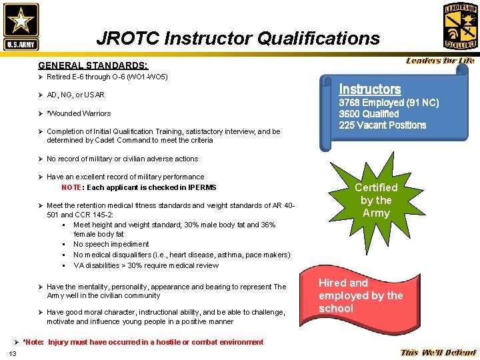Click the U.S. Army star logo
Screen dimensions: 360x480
(21, 26)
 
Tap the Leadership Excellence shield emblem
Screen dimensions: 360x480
(460, 26)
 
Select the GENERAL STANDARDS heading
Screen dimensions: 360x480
(93, 65)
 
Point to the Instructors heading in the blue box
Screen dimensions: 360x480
(370, 89)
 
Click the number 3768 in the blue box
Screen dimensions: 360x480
(351, 103)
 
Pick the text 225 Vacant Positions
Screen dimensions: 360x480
(382, 125)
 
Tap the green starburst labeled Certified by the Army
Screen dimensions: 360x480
(375, 200)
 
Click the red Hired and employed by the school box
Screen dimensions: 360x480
(361, 295)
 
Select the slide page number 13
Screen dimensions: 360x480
(13, 352)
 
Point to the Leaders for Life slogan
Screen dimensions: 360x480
(440, 61)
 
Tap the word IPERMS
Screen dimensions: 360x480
(201, 187)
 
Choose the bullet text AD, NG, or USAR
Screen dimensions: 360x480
(75, 95)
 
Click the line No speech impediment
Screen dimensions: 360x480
(111, 244)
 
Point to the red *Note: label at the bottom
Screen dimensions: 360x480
(33, 342)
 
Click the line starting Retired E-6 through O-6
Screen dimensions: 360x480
(107, 77)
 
